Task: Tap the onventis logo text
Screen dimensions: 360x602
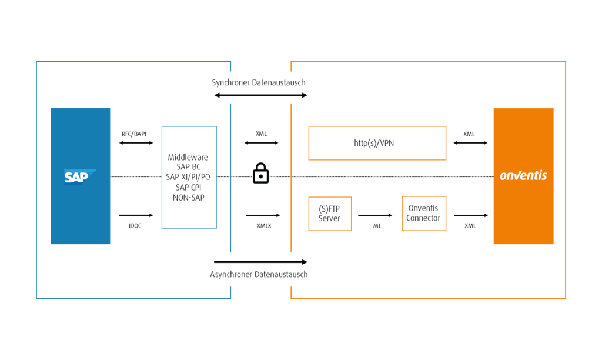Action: click(523, 175)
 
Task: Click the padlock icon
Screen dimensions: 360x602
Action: click(260, 174)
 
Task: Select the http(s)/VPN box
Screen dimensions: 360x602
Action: click(377, 143)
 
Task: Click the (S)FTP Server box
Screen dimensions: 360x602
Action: click(330, 214)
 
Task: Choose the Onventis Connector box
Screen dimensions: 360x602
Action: click(423, 214)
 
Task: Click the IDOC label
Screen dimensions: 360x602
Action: click(136, 225)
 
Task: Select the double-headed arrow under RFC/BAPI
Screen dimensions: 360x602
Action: click(136, 142)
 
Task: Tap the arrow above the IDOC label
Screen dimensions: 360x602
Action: click(136, 215)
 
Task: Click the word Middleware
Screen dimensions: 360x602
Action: click(188, 158)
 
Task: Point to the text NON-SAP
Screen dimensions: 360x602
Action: click(188, 198)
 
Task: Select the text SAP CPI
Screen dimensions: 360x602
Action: click(188, 187)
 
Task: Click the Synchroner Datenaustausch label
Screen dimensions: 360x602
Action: click(259, 82)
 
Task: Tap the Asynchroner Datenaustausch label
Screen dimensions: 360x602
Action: click(259, 274)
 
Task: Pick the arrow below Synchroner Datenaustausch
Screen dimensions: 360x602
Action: click(260, 94)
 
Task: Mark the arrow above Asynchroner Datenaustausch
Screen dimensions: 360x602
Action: click(260, 261)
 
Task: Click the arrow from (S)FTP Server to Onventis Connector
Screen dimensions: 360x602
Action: click(376, 215)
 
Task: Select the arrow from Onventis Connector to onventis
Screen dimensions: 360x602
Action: click(470, 215)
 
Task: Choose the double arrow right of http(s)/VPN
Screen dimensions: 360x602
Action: click(470, 142)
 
